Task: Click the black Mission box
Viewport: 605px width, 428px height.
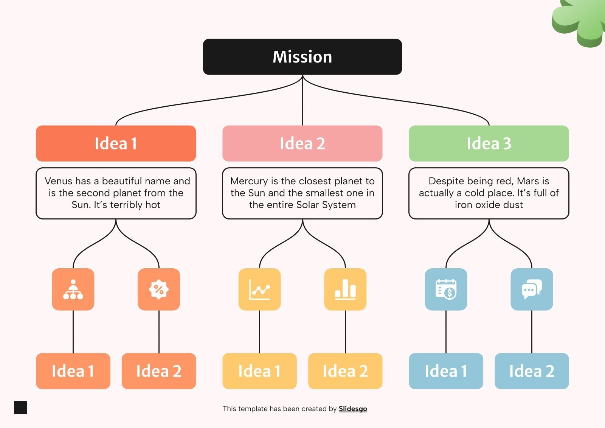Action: [302, 57]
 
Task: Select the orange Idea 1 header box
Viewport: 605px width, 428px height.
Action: [116, 143]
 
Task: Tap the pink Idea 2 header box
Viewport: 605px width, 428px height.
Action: [302, 143]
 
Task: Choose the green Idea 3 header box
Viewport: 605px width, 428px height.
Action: [489, 143]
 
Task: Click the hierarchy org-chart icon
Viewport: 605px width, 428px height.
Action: [73, 289]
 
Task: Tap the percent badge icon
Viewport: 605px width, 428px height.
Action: [159, 289]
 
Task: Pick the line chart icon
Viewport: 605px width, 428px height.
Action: [259, 289]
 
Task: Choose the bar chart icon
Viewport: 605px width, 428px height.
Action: [345, 289]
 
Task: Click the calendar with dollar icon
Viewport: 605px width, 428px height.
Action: [446, 289]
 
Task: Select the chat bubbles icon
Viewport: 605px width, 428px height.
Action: [532, 289]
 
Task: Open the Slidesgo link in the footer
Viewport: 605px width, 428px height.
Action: [352, 409]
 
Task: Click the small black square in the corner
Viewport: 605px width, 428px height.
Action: [20, 408]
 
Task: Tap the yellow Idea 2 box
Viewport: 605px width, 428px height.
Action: [345, 371]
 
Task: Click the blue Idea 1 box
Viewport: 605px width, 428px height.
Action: [446, 371]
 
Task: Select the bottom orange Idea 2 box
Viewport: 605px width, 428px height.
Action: [159, 371]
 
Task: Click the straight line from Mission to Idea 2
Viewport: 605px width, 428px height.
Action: [302, 102]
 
